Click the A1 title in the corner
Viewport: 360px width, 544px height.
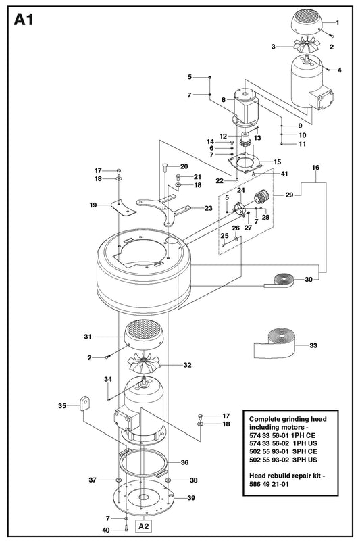[x=24, y=20]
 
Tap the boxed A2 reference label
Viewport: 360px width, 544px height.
[x=144, y=526]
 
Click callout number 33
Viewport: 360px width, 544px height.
[x=313, y=345]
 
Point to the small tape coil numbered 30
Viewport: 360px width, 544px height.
[x=281, y=280]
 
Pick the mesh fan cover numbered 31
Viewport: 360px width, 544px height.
[x=144, y=335]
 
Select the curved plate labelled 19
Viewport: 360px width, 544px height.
[x=123, y=207]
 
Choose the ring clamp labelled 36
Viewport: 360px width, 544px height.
[x=143, y=463]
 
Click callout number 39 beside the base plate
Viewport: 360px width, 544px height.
[x=191, y=498]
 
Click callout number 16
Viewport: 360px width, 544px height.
[x=315, y=167]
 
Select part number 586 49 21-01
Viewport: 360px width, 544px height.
[x=269, y=484]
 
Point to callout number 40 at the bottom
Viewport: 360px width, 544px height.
[x=106, y=530]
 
